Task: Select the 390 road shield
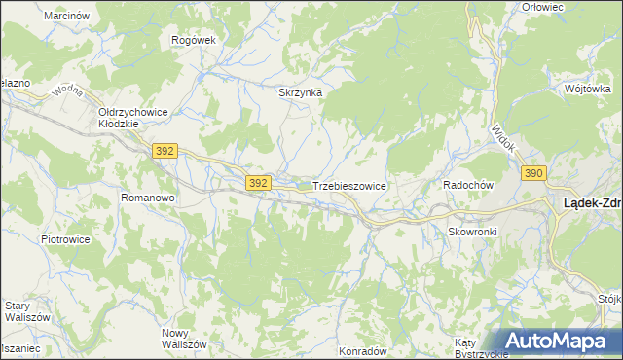click(532, 173)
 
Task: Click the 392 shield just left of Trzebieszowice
click(258, 183)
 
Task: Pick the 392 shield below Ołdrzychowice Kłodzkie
click(165, 151)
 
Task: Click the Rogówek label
click(192, 40)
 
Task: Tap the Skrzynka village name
click(300, 93)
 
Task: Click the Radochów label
click(470, 185)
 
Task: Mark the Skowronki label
click(473, 232)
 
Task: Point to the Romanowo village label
click(147, 198)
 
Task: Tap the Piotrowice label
click(65, 238)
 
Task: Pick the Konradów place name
click(363, 350)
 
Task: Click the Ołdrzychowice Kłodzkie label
click(133, 118)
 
